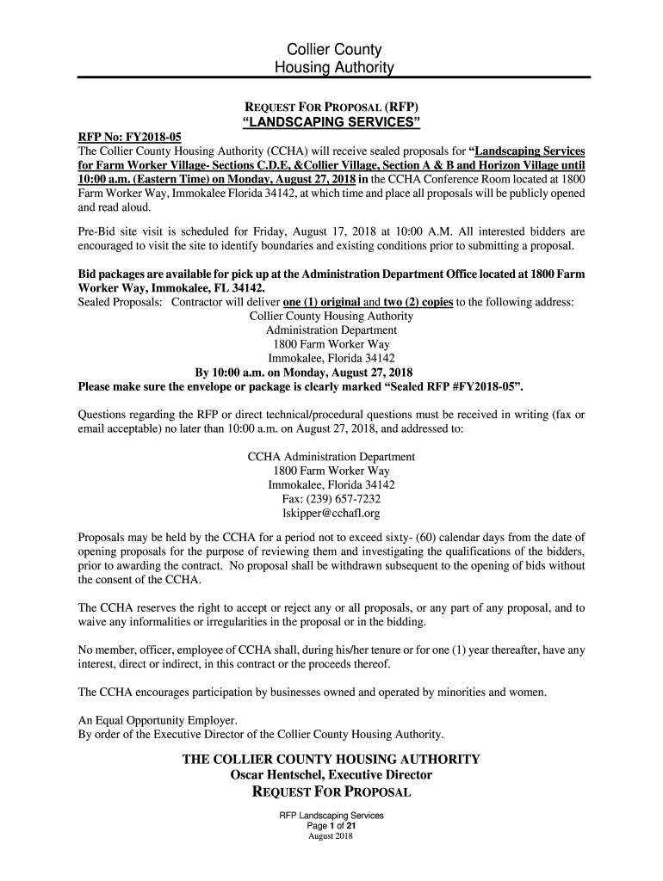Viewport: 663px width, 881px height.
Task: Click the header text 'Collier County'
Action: (331, 50)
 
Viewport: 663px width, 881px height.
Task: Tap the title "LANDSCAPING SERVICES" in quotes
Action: (331, 123)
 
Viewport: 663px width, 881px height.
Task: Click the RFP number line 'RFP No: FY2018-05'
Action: (126, 137)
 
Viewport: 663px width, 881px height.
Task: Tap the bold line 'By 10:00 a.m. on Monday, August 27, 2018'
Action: (304, 373)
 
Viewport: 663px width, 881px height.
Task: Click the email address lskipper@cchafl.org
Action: (331, 513)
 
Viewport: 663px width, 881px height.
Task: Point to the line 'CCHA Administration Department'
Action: (331, 457)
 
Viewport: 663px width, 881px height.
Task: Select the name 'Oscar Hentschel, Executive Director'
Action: (331, 775)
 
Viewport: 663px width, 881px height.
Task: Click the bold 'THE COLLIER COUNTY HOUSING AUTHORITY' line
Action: (331, 760)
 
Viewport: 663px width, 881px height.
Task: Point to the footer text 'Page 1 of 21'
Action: (331, 826)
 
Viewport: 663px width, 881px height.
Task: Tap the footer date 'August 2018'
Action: (331, 836)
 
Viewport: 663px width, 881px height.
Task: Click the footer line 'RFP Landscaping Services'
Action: (331, 816)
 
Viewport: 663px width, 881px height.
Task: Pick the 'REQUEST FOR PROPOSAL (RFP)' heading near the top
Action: (331, 107)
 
